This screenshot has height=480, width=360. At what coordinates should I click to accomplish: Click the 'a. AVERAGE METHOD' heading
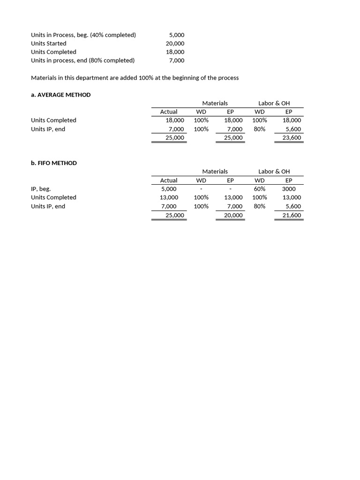[x=60, y=95]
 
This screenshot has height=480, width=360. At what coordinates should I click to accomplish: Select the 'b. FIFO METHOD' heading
[x=54, y=163]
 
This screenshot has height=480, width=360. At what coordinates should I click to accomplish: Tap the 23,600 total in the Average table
[x=292, y=138]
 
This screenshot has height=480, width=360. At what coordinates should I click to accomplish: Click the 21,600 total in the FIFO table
[x=292, y=215]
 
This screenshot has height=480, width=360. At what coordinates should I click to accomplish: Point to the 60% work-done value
[x=259, y=189]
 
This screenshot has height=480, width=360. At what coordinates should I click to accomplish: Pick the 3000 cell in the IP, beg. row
[x=288, y=189]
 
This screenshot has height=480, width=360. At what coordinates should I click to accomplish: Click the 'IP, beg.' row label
[x=41, y=189]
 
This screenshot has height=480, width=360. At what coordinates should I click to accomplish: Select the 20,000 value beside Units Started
[x=175, y=44]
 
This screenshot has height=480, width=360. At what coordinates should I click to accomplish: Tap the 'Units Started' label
[x=49, y=44]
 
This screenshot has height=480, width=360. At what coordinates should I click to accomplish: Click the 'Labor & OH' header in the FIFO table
[x=274, y=172]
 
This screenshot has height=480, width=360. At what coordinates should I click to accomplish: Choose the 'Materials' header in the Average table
[x=215, y=103]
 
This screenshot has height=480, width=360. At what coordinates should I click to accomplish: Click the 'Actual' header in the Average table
[x=169, y=112]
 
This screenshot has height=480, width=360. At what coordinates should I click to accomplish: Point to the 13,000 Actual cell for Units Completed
[x=169, y=197]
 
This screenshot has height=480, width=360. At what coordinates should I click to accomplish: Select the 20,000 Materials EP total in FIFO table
[x=233, y=215]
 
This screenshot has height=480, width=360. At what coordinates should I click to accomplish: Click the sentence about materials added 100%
[x=135, y=78]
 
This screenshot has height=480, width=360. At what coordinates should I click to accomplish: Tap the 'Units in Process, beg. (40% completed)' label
[x=83, y=35]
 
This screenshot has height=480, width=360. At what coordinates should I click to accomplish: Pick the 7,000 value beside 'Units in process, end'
[x=176, y=60]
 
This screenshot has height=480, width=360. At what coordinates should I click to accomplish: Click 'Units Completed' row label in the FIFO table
[x=53, y=197]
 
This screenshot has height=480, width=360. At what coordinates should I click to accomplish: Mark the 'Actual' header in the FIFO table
[x=169, y=180]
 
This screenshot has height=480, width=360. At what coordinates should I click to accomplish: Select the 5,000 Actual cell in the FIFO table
[x=169, y=189]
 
